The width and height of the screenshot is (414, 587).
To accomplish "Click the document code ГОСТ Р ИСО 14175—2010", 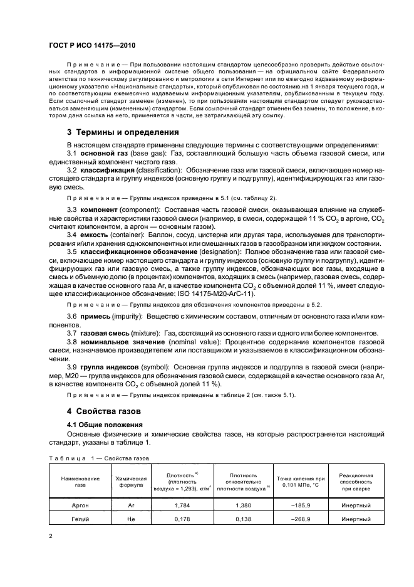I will click(93, 46).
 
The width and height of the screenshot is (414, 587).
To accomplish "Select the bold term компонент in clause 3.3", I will click(98, 208).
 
